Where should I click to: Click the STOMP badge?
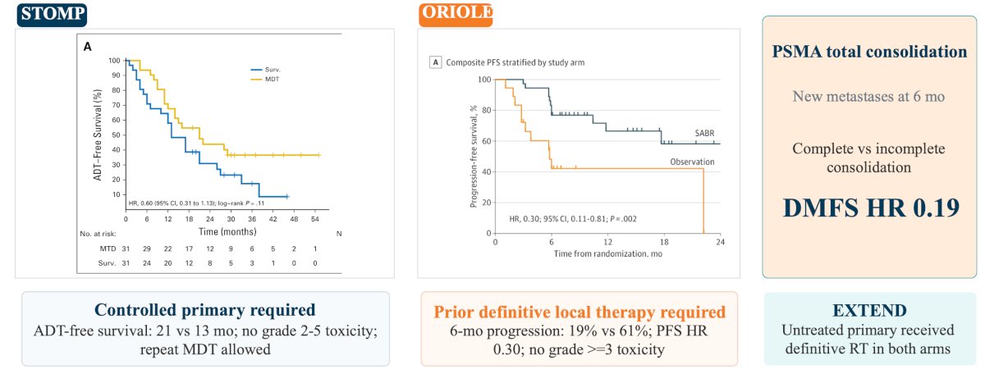pyautogui.click(x=52, y=14)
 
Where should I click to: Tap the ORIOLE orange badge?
pyautogui.click(x=456, y=14)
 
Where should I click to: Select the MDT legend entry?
pyautogui.click(x=264, y=79)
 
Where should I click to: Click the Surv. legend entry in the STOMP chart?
pyautogui.click(x=265, y=70)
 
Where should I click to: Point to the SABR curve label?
pyautogui.click(x=704, y=133)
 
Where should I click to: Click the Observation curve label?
pyautogui.click(x=692, y=162)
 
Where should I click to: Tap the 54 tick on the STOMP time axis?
pyautogui.click(x=315, y=219)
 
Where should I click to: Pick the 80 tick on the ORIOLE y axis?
pyautogui.click(x=486, y=110)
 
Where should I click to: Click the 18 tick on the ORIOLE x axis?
pyautogui.click(x=664, y=242)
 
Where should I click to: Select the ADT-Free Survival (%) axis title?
pyautogui.click(x=98, y=135)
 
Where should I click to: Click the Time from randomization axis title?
pyautogui.click(x=607, y=254)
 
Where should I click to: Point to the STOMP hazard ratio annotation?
pyautogui.click(x=196, y=203)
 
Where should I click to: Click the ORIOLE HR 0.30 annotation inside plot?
pyautogui.click(x=573, y=219)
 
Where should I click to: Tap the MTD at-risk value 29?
pyautogui.click(x=147, y=249)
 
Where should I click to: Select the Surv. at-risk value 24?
pyautogui.click(x=147, y=263)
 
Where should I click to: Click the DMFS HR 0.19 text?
pyautogui.click(x=871, y=208)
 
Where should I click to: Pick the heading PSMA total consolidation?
pyautogui.click(x=869, y=52)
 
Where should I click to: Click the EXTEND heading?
pyautogui.click(x=869, y=310)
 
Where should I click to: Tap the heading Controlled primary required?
pyautogui.click(x=205, y=310)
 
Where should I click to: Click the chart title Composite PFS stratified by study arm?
pyautogui.click(x=515, y=62)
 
